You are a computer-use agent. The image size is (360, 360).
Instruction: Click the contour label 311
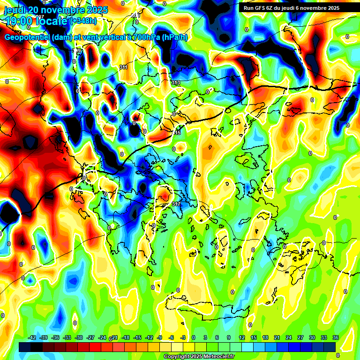[x=123, y=67]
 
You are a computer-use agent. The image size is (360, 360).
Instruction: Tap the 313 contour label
[x=176, y=82]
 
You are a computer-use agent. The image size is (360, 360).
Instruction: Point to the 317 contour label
[x=176, y=204]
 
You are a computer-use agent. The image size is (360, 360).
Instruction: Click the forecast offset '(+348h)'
[x=83, y=21]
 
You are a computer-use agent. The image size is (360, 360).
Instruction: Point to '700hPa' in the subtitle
[x=143, y=37]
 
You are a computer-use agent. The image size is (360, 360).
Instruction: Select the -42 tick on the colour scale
[x=32, y=337]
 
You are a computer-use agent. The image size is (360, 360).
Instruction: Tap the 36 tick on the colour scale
[x=335, y=337]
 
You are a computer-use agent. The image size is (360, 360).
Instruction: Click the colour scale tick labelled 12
[x=241, y=337]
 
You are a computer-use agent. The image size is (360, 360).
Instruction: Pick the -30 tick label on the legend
[x=79, y=337]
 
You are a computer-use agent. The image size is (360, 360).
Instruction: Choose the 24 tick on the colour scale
[x=288, y=337]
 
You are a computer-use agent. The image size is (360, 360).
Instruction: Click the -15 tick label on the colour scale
[x=137, y=337]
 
